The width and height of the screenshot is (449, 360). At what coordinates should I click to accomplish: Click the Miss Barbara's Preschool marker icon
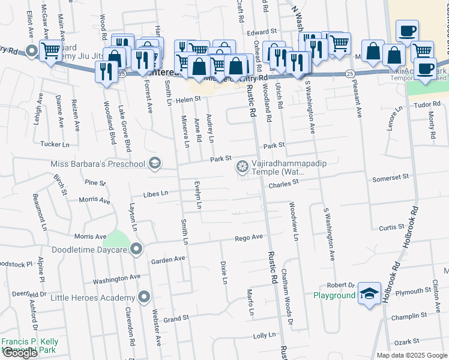[x=155, y=164]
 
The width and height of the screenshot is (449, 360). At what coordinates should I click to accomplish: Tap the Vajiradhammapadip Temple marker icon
[x=243, y=166]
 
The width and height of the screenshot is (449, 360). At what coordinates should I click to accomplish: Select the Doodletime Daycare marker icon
[x=137, y=248]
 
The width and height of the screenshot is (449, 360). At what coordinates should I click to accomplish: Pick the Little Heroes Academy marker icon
[x=144, y=297]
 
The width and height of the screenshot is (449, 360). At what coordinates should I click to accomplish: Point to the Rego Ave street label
[x=249, y=238]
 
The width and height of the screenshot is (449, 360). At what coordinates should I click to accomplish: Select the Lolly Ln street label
[x=264, y=335]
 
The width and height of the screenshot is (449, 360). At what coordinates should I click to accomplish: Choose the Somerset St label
[x=390, y=177]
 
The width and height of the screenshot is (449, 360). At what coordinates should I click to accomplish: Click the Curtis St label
[x=392, y=227]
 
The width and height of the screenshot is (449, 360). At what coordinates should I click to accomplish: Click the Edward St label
[x=264, y=31]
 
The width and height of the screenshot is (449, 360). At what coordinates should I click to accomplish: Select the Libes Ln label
[x=155, y=194]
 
